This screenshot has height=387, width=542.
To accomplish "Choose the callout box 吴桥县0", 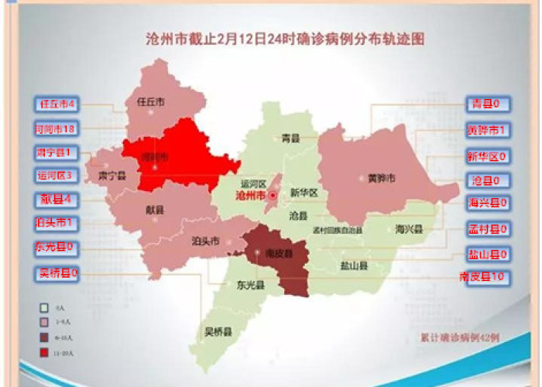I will tap(58, 272).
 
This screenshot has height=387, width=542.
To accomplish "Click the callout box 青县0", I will tap(486, 104).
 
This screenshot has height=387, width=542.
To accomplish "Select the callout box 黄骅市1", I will tap(486, 131).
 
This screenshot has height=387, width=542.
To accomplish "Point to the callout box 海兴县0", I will tap(486, 204).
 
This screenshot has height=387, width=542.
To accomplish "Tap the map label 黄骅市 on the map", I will tap(382, 179).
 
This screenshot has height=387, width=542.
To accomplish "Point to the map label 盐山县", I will tap(353, 265).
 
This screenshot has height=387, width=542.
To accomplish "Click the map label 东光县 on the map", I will tap(251, 286).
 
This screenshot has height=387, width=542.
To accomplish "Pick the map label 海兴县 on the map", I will tap(408, 230).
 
